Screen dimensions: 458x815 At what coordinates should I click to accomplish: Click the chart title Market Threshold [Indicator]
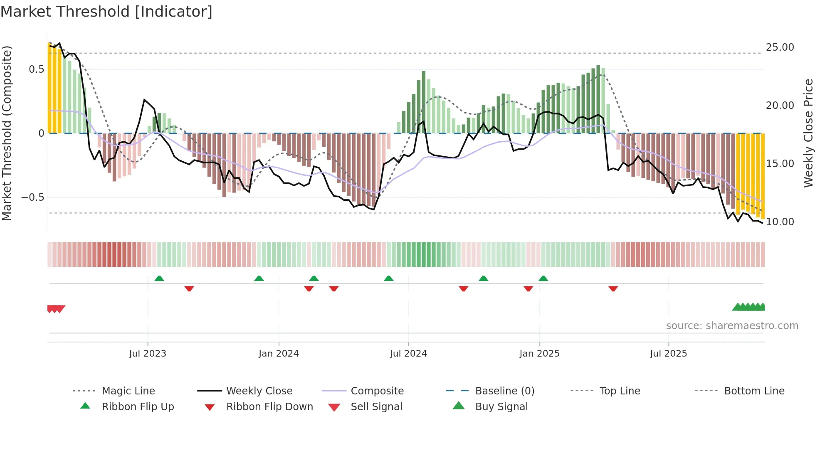click(106, 12)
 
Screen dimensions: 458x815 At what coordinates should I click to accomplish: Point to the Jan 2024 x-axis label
click(279, 354)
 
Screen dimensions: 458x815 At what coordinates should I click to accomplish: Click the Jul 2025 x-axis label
click(668, 354)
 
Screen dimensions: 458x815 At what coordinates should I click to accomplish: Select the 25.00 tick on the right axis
click(780, 47)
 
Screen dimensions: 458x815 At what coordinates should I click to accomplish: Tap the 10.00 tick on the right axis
click(780, 222)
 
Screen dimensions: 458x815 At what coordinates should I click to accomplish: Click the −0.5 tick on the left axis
click(32, 197)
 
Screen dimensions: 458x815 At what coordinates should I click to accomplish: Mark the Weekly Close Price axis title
click(808, 133)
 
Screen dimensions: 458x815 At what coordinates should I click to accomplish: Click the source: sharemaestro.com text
click(732, 326)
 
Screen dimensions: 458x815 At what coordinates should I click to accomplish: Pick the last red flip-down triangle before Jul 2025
click(613, 288)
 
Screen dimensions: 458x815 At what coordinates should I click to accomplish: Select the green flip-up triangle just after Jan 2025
click(543, 278)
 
